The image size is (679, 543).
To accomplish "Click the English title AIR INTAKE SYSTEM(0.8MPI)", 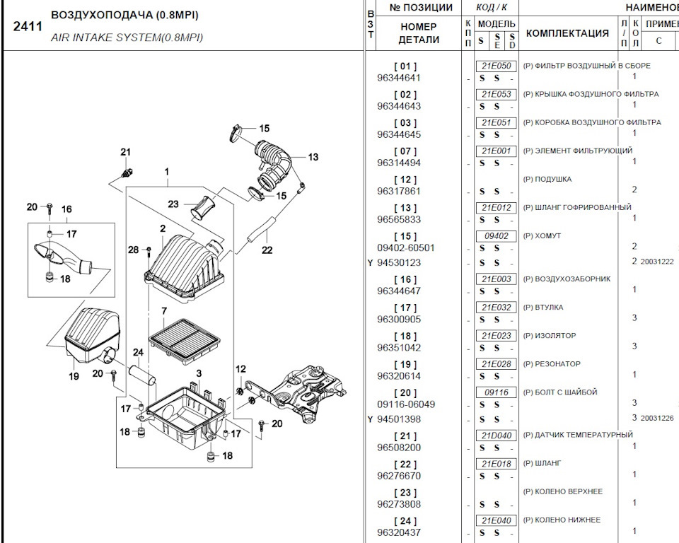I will click(x=127, y=37).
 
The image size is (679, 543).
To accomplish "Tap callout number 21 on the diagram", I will click(x=125, y=152).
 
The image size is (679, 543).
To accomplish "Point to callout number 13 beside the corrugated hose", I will click(x=313, y=157).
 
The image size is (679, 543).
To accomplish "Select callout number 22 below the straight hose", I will click(x=267, y=250).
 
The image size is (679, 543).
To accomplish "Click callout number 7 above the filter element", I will click(x=163, y=310).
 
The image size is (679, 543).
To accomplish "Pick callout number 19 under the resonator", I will click(x=74, y=376).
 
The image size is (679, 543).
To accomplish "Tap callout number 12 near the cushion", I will click(x=241, y=368).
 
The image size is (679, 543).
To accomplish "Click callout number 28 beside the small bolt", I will click(x=133, y=249).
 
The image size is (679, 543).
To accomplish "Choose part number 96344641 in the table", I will click(x=399, y=78).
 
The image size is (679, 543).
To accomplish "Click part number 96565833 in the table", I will click(x=399, y=219).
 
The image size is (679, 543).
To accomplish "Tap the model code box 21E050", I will click(x=496, y=66).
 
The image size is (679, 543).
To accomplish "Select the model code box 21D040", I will click(x=496, y=436).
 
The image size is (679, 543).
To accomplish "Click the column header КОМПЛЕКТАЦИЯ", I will click(x=567, y=33).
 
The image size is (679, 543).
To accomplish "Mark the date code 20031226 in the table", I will click(x=657, y=418).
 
